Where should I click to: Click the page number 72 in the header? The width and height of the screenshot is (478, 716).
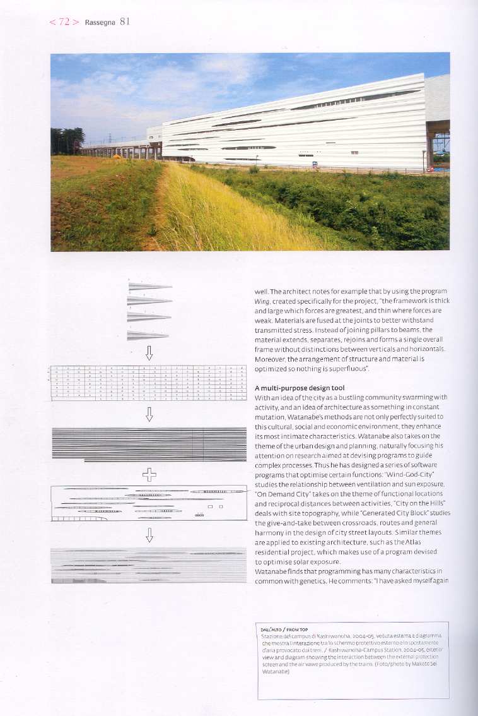tap(64, 22)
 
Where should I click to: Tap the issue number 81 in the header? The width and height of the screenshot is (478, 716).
tap(124, 21)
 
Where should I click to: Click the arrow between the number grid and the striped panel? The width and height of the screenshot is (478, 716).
tap(149, 414)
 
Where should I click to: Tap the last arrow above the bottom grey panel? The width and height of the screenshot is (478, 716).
tap(149, 535)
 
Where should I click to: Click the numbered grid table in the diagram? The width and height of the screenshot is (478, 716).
tap(148, 383)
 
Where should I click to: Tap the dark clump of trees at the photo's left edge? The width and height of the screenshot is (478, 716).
tap(67, 140)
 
